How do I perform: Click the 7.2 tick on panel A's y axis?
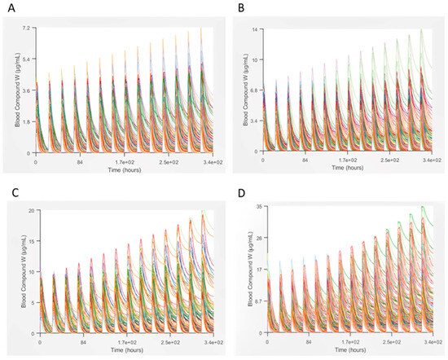(x=27, y=29)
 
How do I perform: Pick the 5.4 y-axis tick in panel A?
(x=27, y=59)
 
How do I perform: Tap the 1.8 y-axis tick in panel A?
(x=27, y=122)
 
